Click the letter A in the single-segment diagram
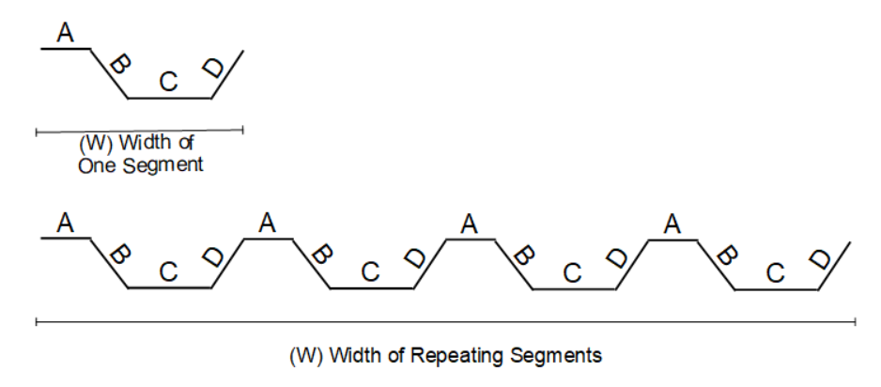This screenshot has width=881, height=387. click(65, 34)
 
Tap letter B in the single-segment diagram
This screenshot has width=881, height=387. click(118, 66)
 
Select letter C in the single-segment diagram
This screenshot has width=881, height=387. click(168, 83)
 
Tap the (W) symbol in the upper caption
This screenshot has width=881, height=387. click(91, 147)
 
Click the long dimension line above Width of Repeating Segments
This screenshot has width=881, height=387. click(445, 322)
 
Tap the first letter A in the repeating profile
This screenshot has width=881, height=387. click(65, 224)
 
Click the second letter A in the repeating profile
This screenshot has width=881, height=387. click(268, 224)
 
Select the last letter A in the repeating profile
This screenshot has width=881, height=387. click(672, 224)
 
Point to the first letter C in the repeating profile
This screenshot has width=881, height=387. click(168, 272)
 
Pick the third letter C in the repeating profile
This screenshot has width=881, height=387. click(573, 272)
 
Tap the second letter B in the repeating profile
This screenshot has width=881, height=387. click(320, 255)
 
